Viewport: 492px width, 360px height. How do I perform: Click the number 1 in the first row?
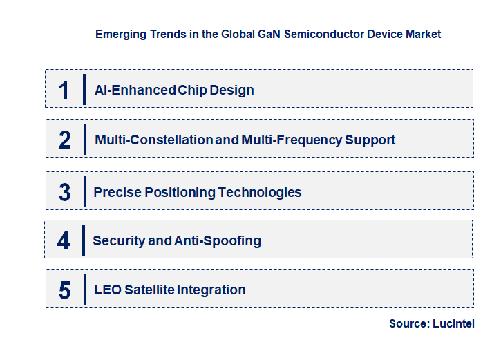[x=64, y=90]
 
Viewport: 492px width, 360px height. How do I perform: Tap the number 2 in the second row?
[x=65, y=140]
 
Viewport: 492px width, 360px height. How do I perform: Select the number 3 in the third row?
[x=65, y=192]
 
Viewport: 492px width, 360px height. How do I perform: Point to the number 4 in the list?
[x=64, y=240]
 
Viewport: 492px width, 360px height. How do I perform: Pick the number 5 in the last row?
[x=65, y=290]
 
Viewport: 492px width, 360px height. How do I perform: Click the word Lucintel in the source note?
[x=453, y=323]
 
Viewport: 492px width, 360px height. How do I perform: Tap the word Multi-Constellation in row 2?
[x=153, y=140]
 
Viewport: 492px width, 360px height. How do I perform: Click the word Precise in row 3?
[x=117, y=192]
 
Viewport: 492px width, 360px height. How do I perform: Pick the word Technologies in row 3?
[x=260, y=192]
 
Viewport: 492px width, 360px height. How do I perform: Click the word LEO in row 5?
[x=108, y=290]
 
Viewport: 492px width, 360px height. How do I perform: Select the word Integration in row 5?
[x=211, y=290]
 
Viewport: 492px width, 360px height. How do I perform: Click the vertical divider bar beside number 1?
[x=84, y=90]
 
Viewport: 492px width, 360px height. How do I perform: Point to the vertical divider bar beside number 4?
[x=83, y=240]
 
